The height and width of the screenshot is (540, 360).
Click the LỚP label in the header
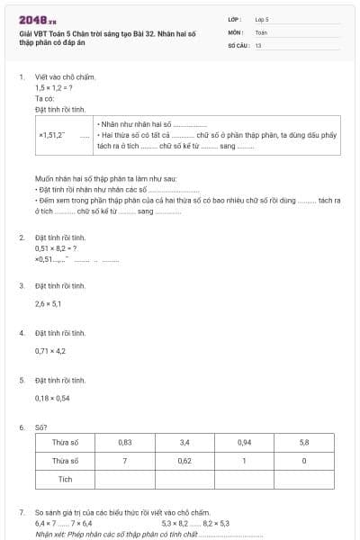235,19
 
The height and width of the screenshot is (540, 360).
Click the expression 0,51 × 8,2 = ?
57,247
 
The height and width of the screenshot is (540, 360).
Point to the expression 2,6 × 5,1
48,303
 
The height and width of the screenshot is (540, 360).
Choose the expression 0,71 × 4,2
50,351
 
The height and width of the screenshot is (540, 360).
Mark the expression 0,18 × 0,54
52,398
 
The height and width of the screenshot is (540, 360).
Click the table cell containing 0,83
125,443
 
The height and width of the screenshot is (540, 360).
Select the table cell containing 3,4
184,443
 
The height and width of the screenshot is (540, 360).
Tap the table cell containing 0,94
244,443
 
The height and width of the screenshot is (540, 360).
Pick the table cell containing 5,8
304,443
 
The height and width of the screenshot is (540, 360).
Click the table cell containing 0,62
184,461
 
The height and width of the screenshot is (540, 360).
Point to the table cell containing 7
125,461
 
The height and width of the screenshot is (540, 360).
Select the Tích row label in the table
65,479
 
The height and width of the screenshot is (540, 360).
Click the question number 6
22,427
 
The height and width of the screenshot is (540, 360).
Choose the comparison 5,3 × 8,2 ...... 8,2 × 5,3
195,523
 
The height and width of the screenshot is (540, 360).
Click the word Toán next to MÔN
261,31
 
